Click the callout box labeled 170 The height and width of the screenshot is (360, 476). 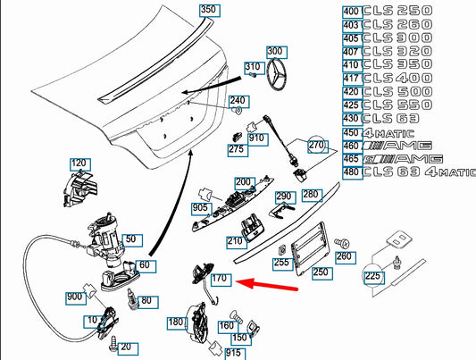click(221, 280)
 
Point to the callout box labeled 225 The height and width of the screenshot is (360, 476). click(372, 277)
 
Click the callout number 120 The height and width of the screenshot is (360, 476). click(80, 163)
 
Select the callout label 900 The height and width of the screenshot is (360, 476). click(76, 297)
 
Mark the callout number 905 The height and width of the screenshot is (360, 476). click(202, 208)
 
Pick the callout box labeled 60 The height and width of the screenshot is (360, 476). click(146, 266)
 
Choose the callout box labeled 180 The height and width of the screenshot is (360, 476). click(175, 322)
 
